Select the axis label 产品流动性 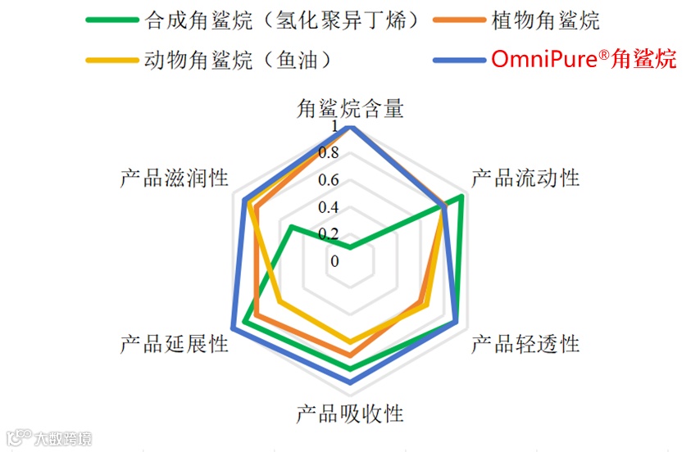coord(525,178)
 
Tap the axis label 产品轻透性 coord(525,344)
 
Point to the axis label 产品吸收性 coord(350,414)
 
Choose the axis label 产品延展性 coord(174,344)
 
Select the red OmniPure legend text coord(584,60)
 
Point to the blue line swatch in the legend coord(459,60)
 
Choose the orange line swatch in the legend coord(459,20)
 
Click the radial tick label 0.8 coord(329,154)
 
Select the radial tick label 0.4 coord(329,206)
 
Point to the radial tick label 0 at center coord(334,260)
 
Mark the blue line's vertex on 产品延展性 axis coord(234,328)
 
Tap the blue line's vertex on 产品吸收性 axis coord(350,382)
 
